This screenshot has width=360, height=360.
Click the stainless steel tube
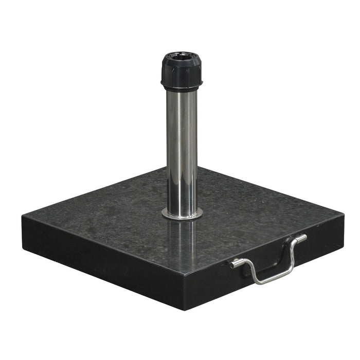coord(182,149)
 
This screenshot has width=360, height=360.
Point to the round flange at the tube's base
coord(182,213)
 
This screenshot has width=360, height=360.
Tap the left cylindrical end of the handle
coord(236,264)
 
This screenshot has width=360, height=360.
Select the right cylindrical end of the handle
coord(301,238)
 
